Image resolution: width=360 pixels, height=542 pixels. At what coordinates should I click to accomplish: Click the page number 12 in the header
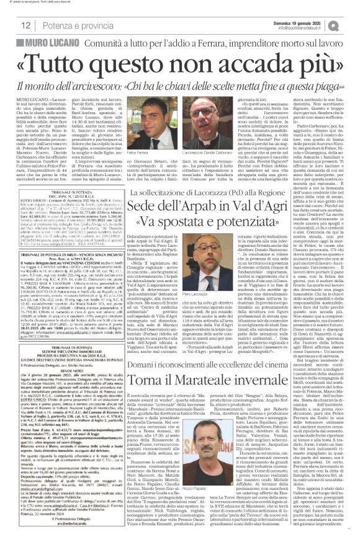click(26, 24)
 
